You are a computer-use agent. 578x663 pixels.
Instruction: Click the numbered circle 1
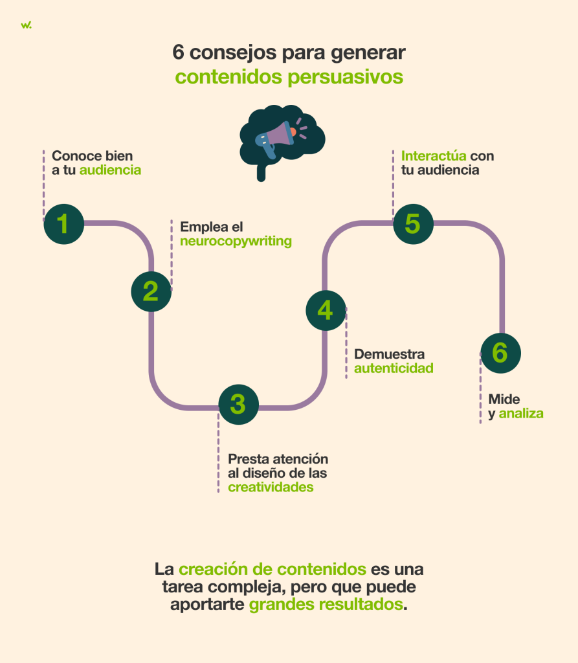point(63,223)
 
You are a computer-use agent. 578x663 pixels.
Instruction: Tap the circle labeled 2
point(151,291)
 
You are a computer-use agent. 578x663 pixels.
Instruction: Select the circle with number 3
point(238,404)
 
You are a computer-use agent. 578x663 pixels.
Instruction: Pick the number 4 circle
point(326,311)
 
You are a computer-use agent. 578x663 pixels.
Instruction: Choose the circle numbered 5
point(413,224)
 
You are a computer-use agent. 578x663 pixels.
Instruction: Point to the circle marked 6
point(500,354)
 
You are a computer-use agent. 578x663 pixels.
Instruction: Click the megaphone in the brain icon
point(274,136)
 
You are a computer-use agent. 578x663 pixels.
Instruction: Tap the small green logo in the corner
point(25,25)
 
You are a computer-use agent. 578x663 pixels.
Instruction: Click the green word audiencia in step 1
point(110,170)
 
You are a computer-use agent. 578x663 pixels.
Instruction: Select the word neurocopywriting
point(236,242)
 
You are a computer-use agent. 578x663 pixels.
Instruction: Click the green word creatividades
point(271,487)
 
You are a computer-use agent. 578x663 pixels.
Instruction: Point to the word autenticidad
point(394,368)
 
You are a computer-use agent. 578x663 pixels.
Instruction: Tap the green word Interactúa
point(434,156)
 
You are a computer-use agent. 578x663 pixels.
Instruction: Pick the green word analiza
point(521,413)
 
